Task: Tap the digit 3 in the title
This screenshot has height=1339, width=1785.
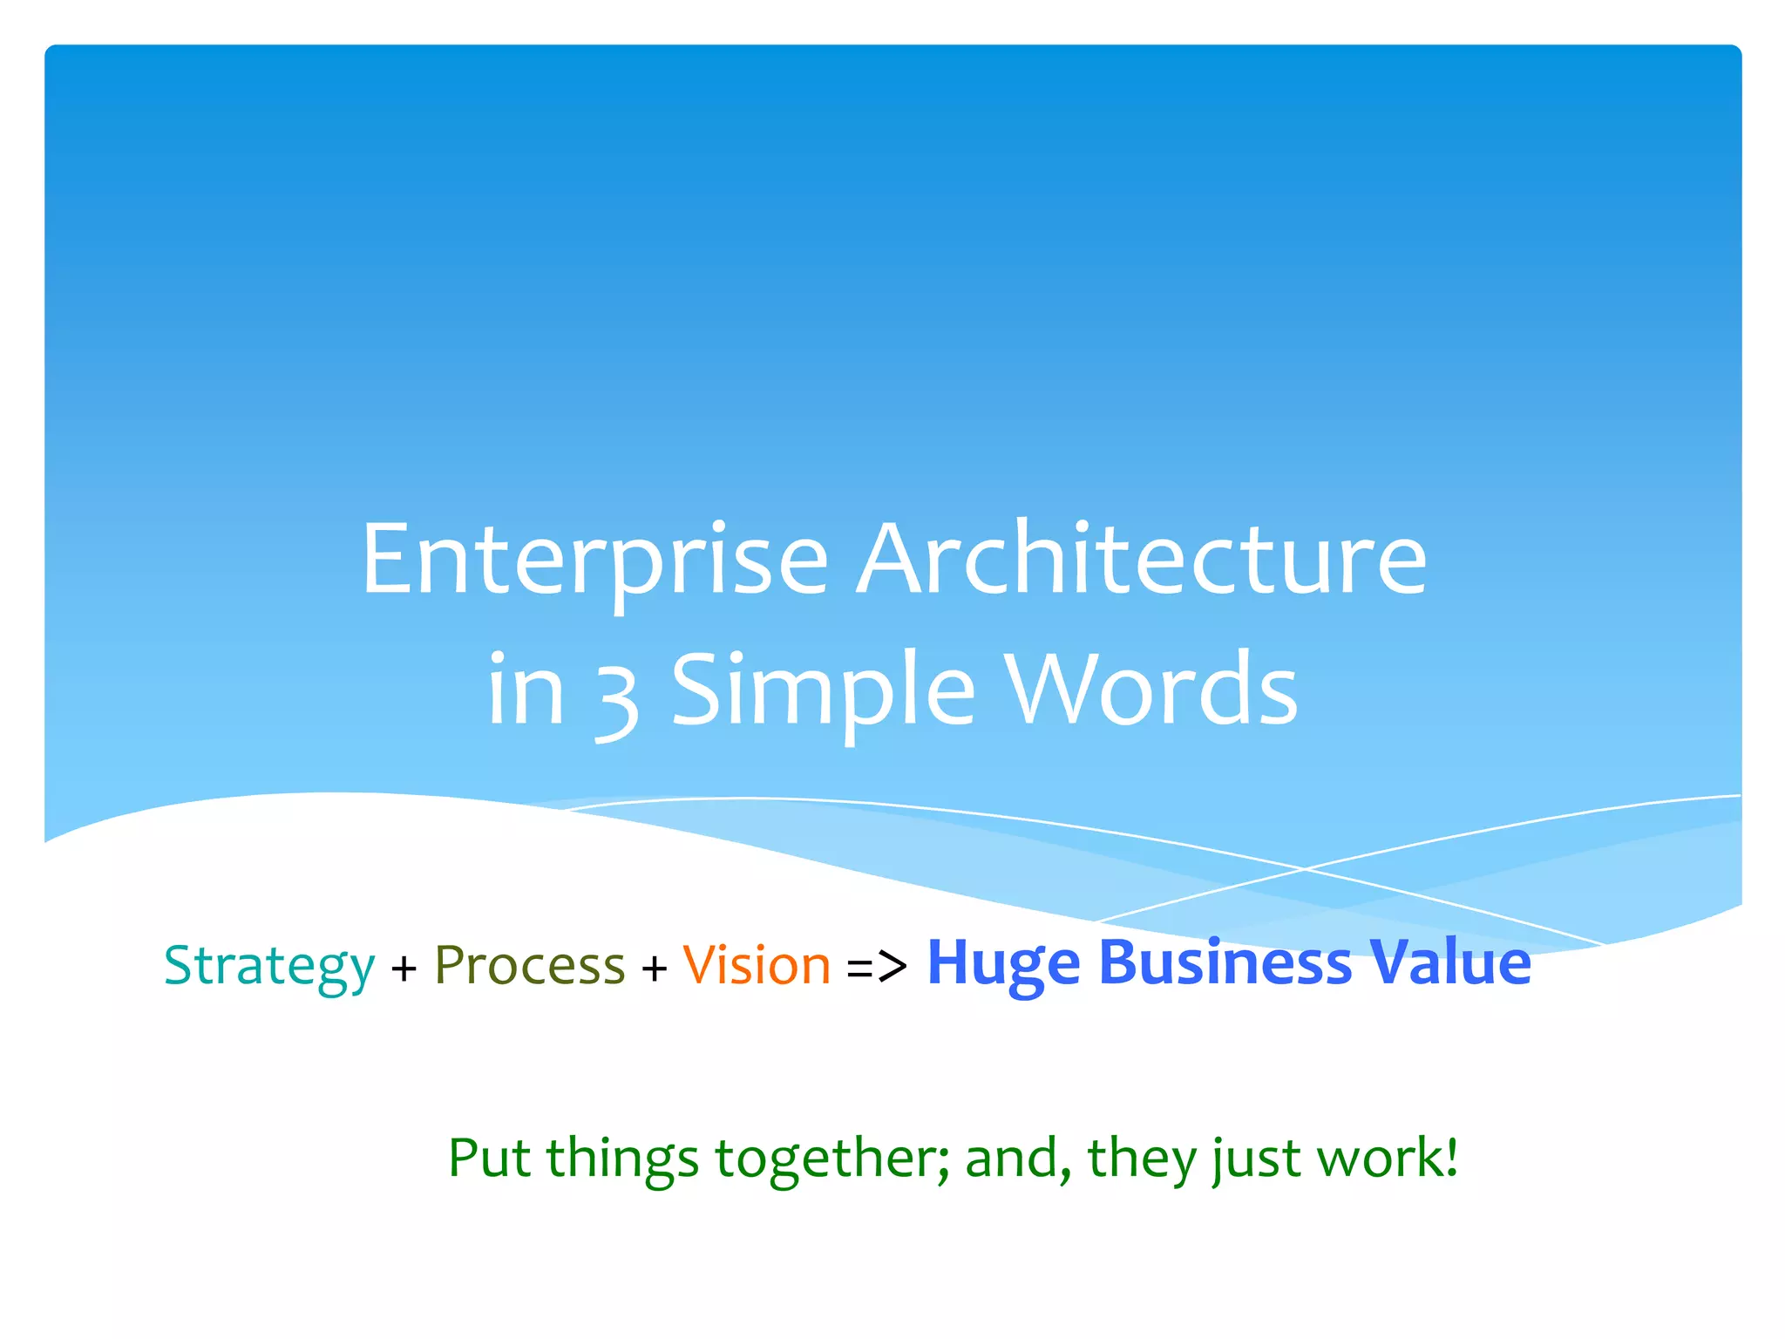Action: (617, 693)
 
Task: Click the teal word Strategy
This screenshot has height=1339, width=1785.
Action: (269, 966)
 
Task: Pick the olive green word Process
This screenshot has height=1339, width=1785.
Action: (530, 966)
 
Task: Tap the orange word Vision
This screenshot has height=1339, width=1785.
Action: (757, 966)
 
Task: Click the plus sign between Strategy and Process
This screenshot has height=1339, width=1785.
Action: (404, 969)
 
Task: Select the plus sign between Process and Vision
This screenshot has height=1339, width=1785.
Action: (654, 969)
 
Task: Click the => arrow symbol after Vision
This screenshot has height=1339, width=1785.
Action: (877, 967)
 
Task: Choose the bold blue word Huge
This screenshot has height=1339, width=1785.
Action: (1003, 963)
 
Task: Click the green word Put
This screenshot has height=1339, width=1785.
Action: (489, 1158)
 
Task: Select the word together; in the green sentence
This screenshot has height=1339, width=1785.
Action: (832, 1159)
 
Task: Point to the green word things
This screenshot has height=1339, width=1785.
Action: (622, 1159)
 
